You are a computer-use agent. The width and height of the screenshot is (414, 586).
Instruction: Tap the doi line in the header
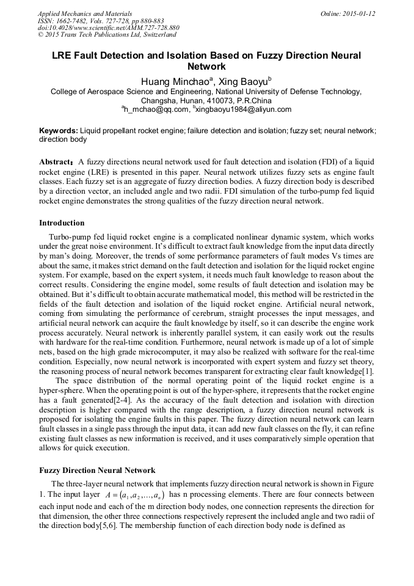108,28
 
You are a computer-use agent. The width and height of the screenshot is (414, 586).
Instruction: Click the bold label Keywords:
59,131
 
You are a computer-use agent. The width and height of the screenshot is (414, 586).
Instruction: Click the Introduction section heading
62,223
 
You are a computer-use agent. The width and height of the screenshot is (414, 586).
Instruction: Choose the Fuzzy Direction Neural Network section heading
97,471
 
